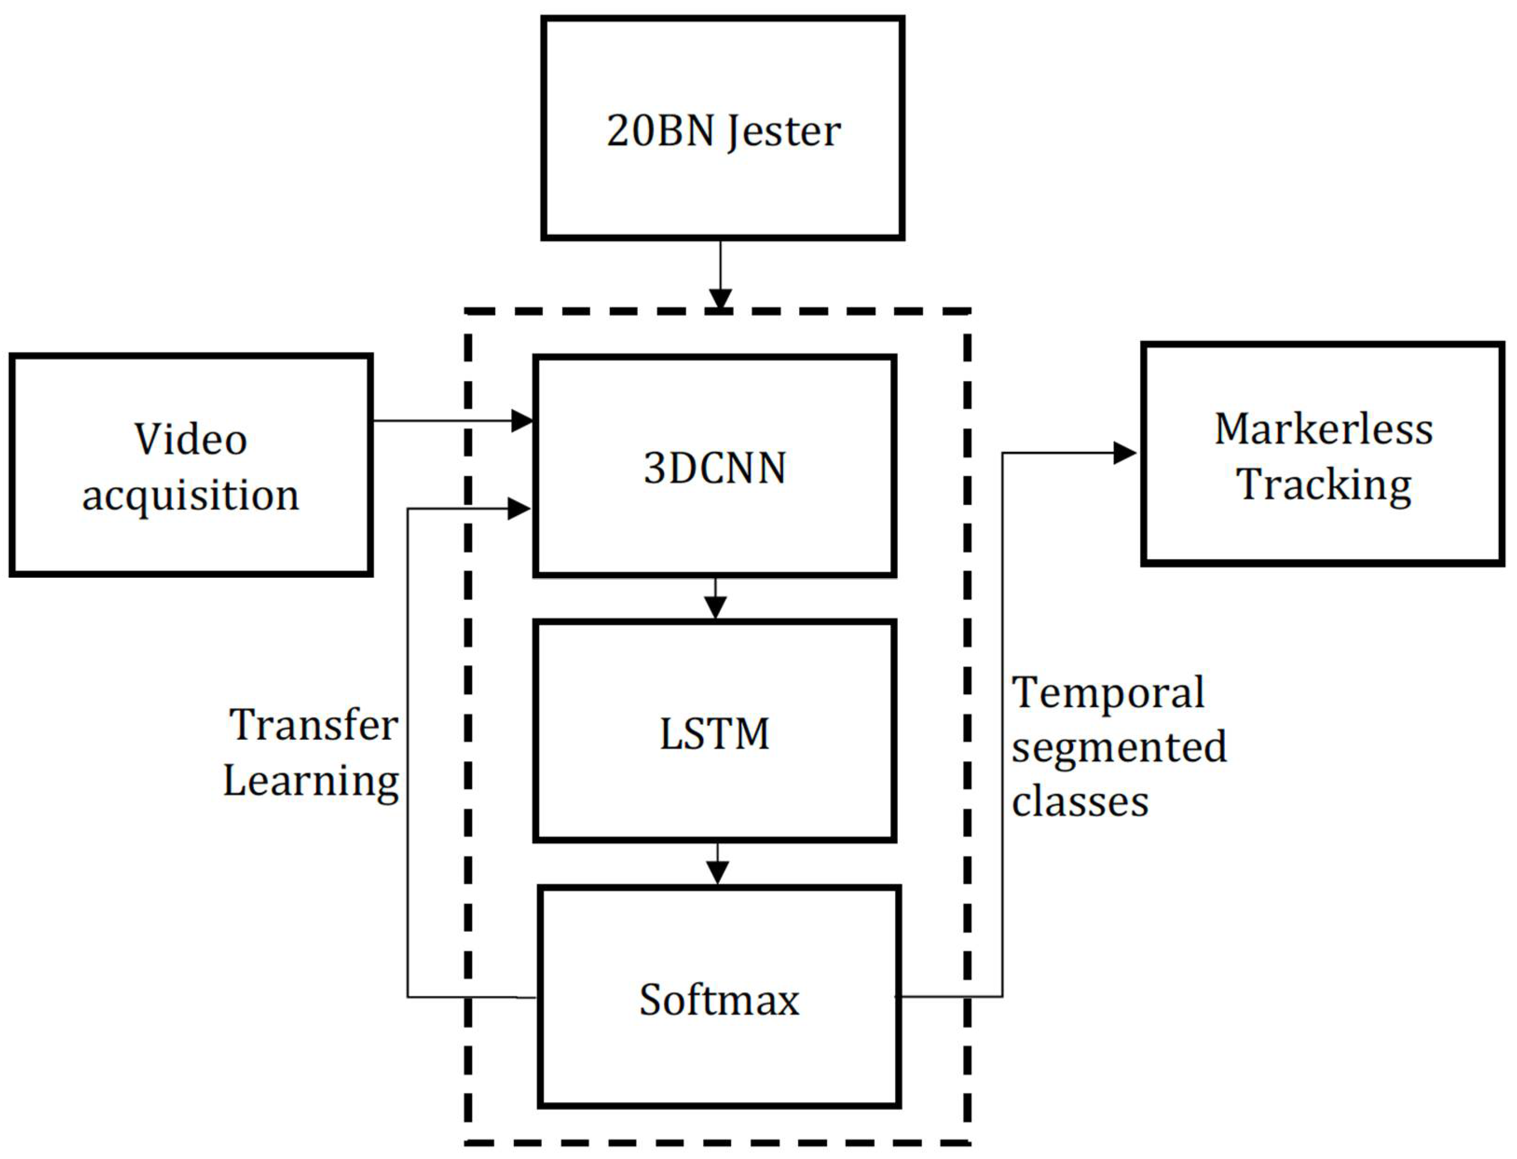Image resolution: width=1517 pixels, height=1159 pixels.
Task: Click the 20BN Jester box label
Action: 723,131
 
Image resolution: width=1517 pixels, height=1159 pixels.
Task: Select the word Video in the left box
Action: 191,439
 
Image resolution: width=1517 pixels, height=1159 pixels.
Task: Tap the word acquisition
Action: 191,495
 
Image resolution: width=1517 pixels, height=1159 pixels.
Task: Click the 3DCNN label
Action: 715,469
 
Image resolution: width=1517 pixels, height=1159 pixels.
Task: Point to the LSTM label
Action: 715,733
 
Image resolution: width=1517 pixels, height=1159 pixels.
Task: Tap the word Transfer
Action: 314,725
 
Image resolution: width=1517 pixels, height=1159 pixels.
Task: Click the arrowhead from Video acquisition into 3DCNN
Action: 522,420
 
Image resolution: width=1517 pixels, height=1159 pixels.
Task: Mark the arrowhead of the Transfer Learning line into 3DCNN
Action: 519,509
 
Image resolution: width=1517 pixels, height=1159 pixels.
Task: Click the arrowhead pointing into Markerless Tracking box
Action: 1124,453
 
